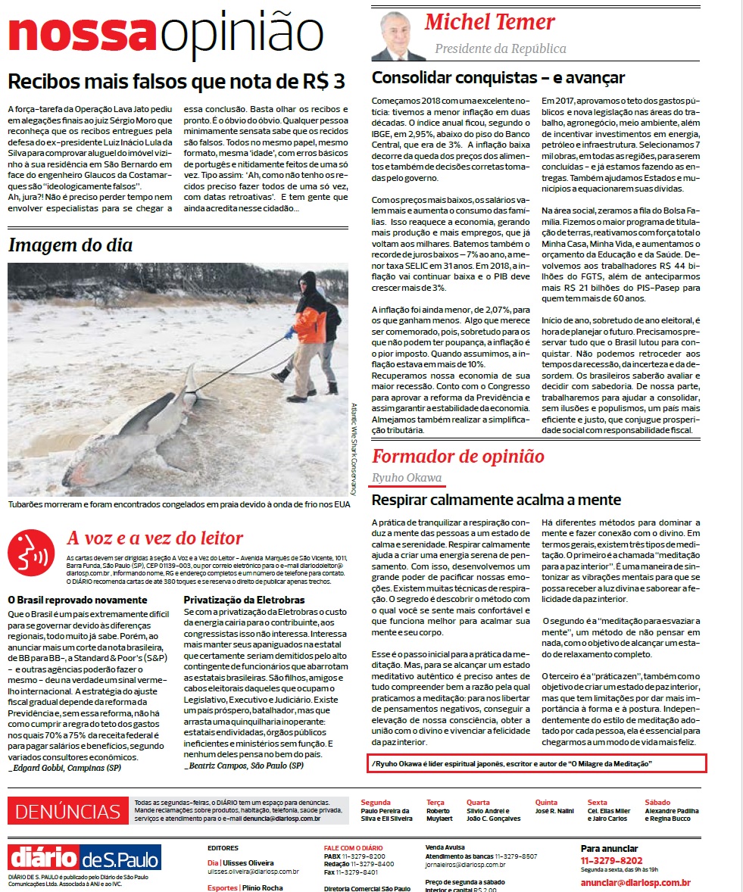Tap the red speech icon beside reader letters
tap(31, 550)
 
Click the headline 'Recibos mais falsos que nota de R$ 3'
tap(176, 81)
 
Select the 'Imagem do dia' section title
tap(70, 245)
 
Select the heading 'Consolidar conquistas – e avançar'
tap(498, 77)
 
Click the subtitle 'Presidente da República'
tap(500, 49)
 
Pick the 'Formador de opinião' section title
tap(457, 456)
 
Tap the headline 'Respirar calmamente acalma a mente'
tap(496, 500)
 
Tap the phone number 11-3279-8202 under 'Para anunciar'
tap(611, 860)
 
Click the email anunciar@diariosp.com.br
tap(635, 882)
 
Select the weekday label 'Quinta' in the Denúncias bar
tap(546, 802)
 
